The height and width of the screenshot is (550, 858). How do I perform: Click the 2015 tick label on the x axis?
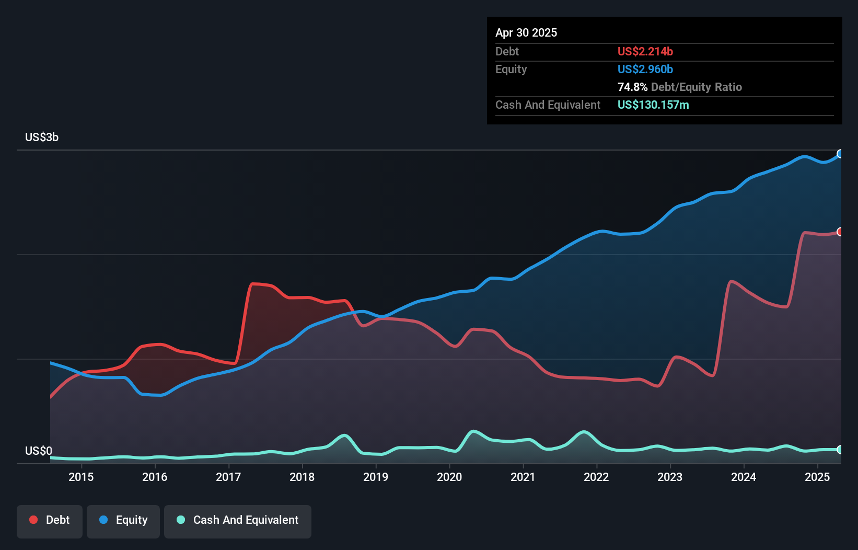(81, 477)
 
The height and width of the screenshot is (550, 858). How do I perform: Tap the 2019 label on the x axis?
(376, 477)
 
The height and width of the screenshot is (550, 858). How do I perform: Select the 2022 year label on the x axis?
(596, 477)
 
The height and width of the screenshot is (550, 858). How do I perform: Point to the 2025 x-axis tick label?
(817, 477)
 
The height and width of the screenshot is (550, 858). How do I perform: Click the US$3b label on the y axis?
(42, 137)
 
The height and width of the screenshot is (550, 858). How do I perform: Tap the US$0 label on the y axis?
(39, 451)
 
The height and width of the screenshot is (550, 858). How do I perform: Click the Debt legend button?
(50, 520)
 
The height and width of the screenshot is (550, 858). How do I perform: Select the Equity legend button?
(123, 520)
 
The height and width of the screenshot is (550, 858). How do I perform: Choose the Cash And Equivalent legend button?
(238, 520)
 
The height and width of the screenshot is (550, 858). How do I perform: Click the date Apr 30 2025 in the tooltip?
(526, 32)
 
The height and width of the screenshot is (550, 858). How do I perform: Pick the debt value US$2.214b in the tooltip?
(645, 51)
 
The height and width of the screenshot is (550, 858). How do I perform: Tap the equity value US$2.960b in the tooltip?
(645, 69)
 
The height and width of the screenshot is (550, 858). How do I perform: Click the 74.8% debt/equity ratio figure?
(632, 87)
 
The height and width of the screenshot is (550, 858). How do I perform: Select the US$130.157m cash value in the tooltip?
(653, 105)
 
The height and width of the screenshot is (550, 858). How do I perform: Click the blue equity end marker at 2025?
(840, 154)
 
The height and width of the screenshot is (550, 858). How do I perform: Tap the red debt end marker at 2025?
(840, 232)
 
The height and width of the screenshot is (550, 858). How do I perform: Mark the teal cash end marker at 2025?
(840, 450)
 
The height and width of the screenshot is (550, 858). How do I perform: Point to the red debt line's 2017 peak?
(253, 284)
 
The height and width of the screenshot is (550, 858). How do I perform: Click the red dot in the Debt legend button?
(33, 520)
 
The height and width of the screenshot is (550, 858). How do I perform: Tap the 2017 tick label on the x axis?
(228, 477)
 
